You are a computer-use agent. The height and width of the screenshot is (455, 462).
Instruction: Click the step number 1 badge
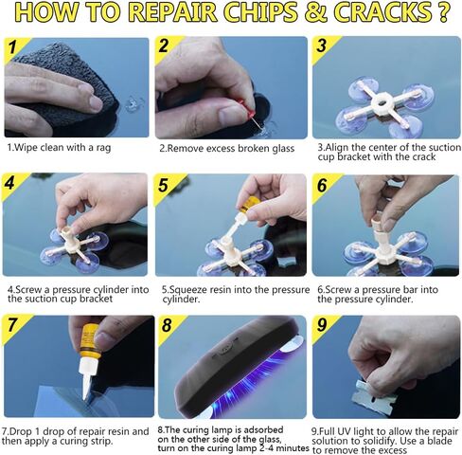(13, 47)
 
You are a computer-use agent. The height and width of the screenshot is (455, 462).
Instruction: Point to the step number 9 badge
(323, 325)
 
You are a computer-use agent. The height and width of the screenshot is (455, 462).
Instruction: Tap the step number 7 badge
(13, 325)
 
